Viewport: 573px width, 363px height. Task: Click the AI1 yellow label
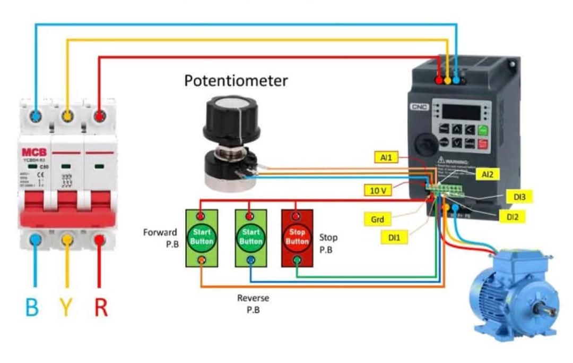click(386, 158)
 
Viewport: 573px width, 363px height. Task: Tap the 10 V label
click(377, 190)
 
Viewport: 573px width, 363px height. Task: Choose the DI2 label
click(512, 216)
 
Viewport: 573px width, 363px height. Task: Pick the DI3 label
click(519, 197)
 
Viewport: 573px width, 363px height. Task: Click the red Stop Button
click(297, 238)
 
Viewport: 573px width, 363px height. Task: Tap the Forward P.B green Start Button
click(201, 238)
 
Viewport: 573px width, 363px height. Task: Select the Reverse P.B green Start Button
click(251, 238)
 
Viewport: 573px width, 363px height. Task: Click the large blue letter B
click(32, 308)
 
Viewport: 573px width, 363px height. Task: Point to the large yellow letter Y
click(66, 308)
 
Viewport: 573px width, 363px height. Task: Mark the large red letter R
click(101, 308)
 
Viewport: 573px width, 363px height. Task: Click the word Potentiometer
click(236, 81)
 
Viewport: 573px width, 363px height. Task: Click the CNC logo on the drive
click(418, 107)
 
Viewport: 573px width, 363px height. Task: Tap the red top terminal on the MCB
click(99, 115)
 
